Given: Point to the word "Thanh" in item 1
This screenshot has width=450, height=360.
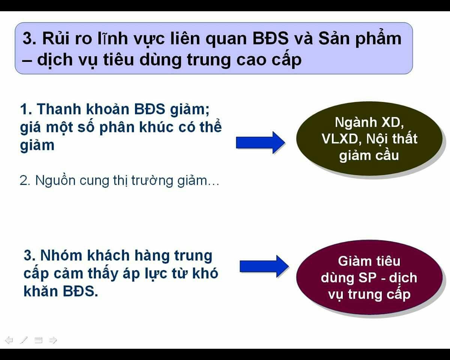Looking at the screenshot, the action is pos(59,109).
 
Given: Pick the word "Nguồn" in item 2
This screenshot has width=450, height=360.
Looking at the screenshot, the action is pos(55,180).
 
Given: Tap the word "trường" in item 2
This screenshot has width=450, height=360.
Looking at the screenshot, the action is pos(152,180).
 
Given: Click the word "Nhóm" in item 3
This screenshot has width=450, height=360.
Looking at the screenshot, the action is pos(61,255).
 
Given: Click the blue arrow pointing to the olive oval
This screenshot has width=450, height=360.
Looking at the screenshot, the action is pos(260,143).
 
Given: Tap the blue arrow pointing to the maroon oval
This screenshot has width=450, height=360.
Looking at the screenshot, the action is pos(264,266).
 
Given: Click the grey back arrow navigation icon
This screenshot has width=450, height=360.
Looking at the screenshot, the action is pos(9,340).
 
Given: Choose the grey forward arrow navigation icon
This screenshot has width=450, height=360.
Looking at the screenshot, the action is pos(53,340).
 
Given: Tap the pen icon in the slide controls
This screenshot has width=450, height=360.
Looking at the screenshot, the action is pos(24,340).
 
